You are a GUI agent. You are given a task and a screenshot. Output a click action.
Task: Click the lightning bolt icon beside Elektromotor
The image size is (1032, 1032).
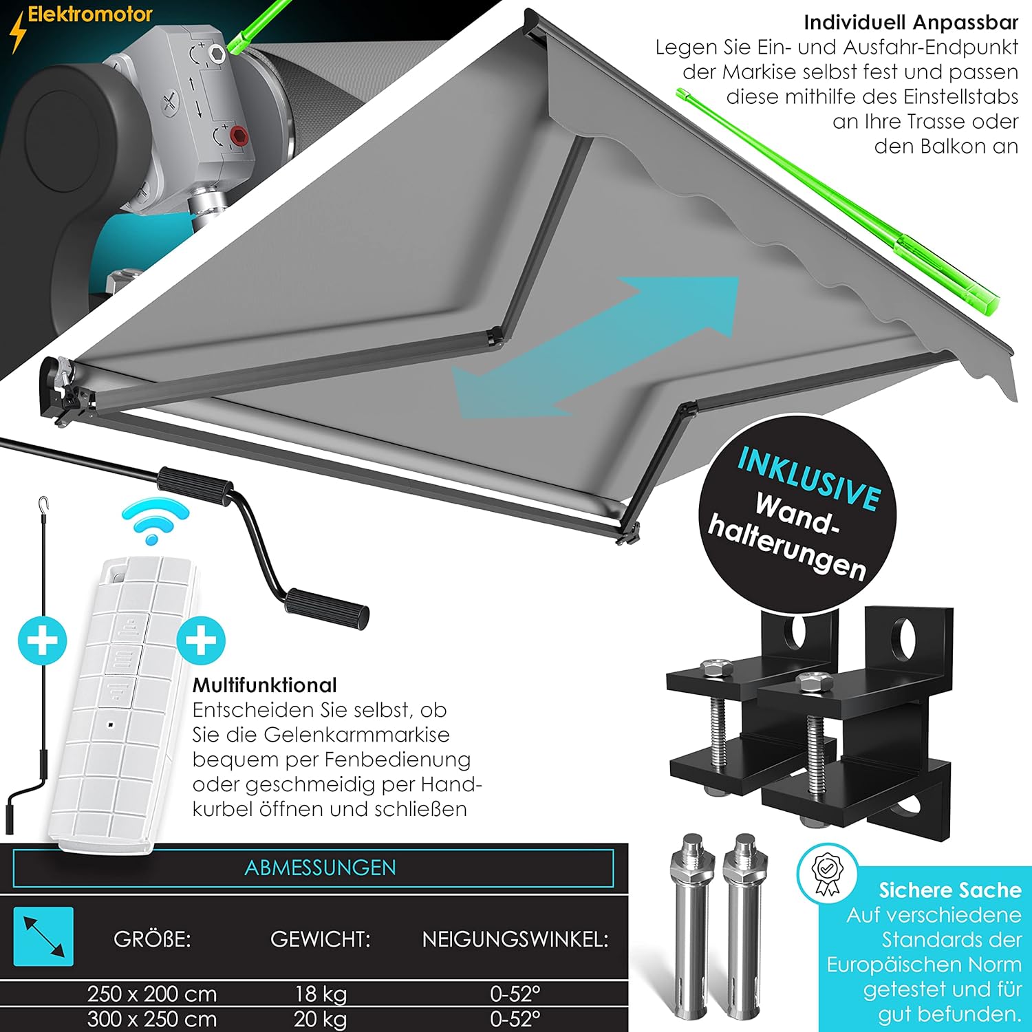click(17, 31)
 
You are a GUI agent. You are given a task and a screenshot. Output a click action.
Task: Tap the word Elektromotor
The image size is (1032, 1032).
click(90, 14)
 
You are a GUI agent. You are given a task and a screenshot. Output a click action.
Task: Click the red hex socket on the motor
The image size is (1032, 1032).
click(239, 134)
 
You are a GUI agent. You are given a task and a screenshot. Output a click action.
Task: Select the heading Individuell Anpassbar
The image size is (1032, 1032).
click(911, 23)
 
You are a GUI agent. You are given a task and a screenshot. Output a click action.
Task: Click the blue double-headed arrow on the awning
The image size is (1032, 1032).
click(595, 347)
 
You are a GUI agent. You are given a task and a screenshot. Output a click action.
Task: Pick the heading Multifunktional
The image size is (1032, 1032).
click(265, 685)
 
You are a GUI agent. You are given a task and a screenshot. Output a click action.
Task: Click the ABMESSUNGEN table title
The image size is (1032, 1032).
click(321, 868)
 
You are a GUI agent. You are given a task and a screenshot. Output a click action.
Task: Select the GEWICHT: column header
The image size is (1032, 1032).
click(321, 939)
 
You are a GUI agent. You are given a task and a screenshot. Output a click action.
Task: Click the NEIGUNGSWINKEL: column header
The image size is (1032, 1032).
click(515, 939)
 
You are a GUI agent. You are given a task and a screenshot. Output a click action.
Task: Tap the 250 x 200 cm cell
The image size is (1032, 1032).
click(152, 994)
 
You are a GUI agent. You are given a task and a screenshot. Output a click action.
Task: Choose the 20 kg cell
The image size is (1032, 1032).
click(321, 1019)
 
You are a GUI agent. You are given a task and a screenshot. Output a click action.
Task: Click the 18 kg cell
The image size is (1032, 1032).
click(321, 994)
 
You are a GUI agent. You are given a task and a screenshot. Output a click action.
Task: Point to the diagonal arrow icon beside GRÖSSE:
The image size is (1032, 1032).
click(43, 936)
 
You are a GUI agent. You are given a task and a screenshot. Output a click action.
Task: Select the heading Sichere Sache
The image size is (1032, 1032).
click(950, 890)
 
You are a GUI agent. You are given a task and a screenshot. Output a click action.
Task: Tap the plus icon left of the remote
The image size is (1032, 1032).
click(43, 641)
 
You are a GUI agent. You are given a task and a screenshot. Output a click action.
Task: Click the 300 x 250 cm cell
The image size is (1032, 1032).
click(152, 1019)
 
